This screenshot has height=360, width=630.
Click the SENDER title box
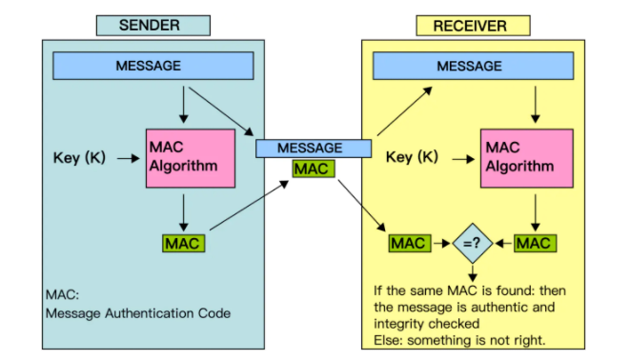[153, 26]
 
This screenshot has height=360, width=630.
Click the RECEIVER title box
[473, 26]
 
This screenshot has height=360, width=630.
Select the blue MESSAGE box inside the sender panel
[153, 66]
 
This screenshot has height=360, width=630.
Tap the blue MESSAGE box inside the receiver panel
[474, 66]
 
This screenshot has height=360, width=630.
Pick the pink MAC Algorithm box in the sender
[191, 158]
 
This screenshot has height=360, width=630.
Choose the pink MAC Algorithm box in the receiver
[527, 158]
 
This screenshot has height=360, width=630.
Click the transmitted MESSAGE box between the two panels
[314, 148]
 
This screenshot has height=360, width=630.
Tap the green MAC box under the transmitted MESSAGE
[314, 169]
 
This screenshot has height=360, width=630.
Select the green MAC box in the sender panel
[184, 243]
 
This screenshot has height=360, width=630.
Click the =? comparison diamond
[473, 243]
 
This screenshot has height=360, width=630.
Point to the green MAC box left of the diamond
[410, 243]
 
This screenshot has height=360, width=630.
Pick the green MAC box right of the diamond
[536, 243]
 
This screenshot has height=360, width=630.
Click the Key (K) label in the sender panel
[79, 158]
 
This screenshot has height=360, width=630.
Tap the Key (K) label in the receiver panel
[412, 157]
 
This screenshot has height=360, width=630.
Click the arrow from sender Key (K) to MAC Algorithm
[128, 158]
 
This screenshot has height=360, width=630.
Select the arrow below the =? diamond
[473, 272]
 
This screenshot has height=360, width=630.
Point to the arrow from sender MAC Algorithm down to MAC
[184, 212]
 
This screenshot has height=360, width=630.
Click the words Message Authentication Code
[138, 313]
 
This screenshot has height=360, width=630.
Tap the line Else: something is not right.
[459, 340]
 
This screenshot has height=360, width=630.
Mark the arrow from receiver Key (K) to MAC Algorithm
[463, 159]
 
